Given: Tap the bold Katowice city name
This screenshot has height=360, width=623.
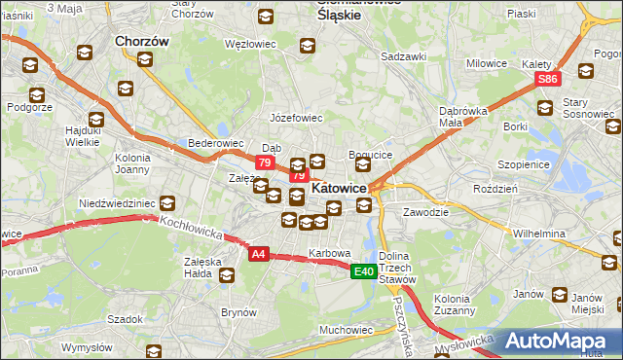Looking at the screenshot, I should click(x=338, y=188).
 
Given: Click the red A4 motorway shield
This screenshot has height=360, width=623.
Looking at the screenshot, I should click(x=258, y=254).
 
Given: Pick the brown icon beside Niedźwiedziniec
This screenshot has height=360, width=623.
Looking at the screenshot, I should click(x=167, y=203).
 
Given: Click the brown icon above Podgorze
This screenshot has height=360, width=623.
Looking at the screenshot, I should click(x=37, y=95).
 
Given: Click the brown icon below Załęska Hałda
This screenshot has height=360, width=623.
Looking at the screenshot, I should click(x=227, y=275).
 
